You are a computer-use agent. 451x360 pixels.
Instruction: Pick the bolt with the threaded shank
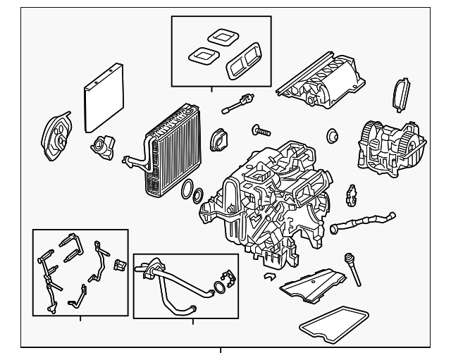point(261,130)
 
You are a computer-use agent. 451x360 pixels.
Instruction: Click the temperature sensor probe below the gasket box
point(237,105)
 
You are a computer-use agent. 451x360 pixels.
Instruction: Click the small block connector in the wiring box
point(119,266)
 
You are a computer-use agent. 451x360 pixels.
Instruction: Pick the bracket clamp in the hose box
point(227,278)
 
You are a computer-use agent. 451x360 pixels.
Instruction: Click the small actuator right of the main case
point(351,197)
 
